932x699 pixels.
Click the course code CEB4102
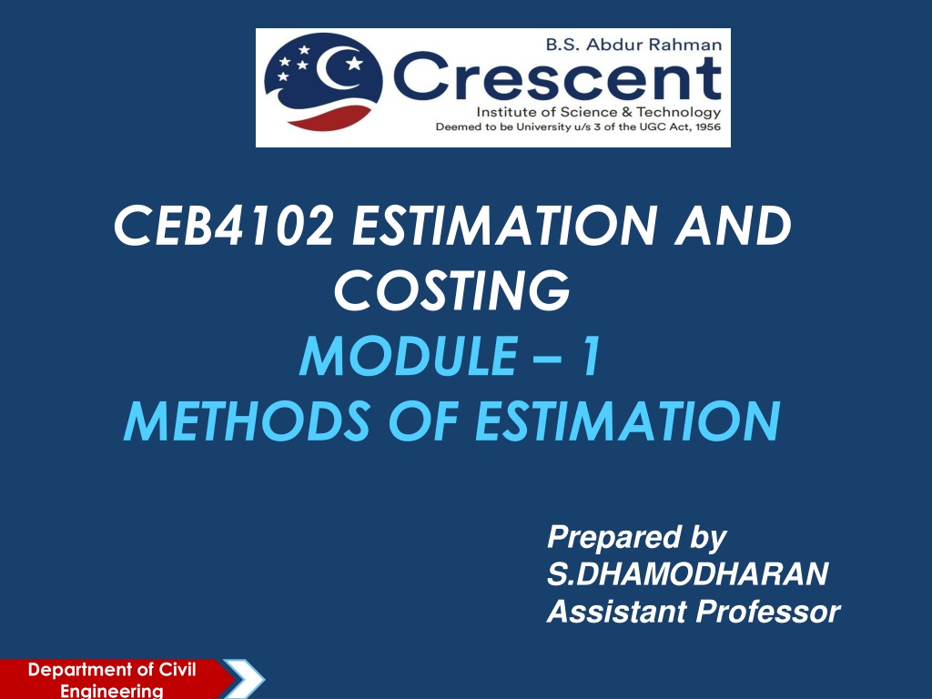pyautogui.click(x=224, y=226)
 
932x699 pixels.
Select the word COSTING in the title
pyautogui.click(x=452, y=290)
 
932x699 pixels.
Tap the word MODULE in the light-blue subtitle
pyautogui.click(x=408, y=356)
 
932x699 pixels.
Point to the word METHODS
pyautogui.click(x=248, y=420)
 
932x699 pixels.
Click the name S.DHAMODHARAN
pyautogui.click(x=688, y=573)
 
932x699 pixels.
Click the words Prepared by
pyautogui.click(x=636, y=538)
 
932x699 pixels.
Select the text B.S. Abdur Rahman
pyautogui.click(x=633, y=45)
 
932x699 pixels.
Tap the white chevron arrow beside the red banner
pyautogui.click(x=245, y=679)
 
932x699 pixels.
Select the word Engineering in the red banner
pyautogui.click(x=112, y=691)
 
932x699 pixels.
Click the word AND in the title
pyautogui.click(x=733, y=226)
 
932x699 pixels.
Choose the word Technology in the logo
pyautogui.click(x=679, y=112)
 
